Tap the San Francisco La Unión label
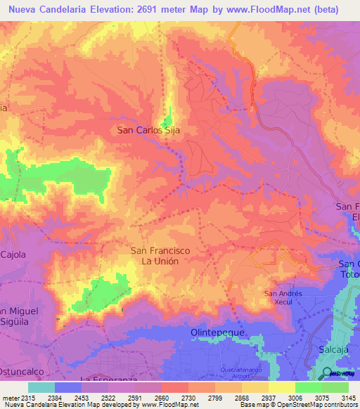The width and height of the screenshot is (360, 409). click(160, 255)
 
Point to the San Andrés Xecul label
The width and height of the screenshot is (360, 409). click(283, 297)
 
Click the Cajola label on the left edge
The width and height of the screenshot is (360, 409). click(13, 254)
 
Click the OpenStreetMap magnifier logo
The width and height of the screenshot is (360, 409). click(328, 372)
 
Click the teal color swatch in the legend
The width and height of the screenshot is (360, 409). click(41, 387)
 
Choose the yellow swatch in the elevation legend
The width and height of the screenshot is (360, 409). click(282, 387)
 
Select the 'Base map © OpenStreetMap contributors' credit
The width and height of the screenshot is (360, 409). click(297, 405)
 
